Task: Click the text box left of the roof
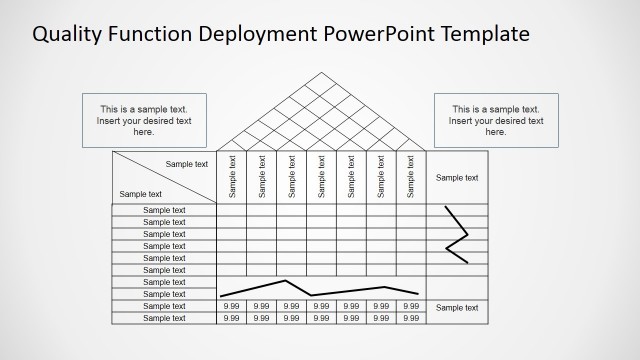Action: point(144,120)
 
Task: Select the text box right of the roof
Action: point(496,120)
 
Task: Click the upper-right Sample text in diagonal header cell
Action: point(187,164)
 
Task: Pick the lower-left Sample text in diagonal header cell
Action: point(140,194)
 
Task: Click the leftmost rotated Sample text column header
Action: point(232,176)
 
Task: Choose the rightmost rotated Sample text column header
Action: point(411,176)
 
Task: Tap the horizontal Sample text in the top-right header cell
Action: point(457,177)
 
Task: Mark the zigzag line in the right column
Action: point(457,235)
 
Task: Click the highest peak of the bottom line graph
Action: point(287,281)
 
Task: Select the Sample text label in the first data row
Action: point(164,210)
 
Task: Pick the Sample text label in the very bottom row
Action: point(164,318)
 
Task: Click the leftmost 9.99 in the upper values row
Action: point(232,306)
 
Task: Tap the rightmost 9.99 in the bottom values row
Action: point(411,318)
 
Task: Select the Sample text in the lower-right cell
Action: point(457,307)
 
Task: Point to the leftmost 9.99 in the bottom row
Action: point(232,318)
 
